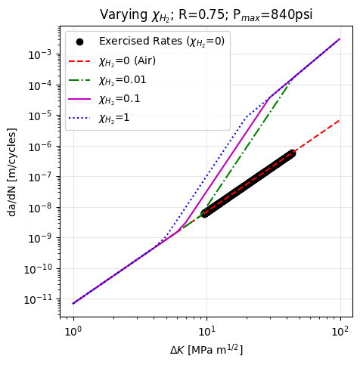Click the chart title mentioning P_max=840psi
coord(206,14)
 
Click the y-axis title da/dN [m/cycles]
coord(12,172)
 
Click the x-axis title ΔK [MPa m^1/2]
coord(206,350)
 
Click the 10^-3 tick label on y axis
coord(40,54)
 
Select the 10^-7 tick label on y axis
coord(40,178)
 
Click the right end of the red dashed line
coord(340,119)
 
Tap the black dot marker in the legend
coord(80,42)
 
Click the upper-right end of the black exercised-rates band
coord(290,154)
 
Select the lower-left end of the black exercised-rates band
coord(205,213)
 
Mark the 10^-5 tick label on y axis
coord(40,116)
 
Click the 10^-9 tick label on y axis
coord(40,239)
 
